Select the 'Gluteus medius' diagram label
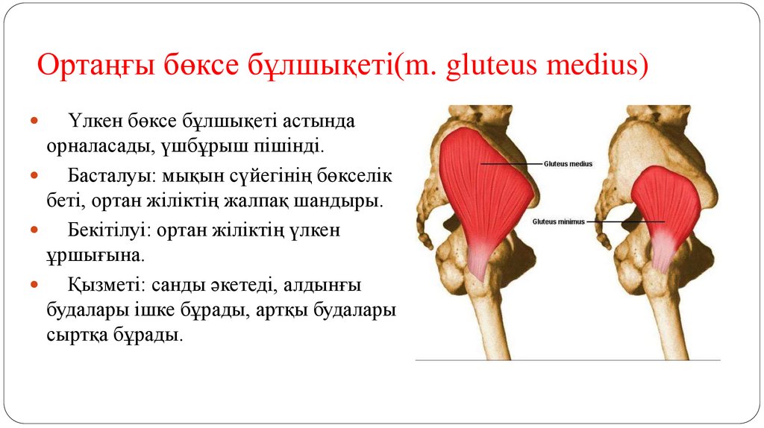tap(568, 163)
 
